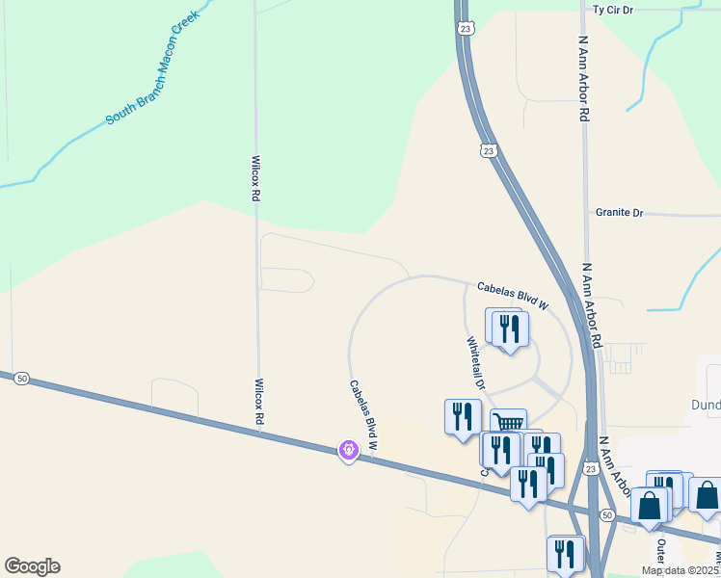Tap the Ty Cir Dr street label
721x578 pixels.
point(612,10)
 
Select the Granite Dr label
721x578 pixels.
point(619,212)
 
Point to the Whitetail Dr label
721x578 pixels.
point(476,362)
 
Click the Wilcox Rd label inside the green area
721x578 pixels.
point(255,178)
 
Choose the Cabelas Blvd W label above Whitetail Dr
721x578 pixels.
point(512,296)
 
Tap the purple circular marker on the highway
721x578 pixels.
point(348,449)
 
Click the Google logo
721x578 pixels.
point(32,566)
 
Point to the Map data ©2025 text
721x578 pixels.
point(681,570)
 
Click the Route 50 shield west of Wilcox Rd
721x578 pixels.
point(21,380)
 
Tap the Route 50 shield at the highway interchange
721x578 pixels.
point(606,516)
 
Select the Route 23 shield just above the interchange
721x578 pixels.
point(590,467)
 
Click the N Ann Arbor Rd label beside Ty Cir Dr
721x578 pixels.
point(583,78)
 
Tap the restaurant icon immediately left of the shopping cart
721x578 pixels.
point(464,415)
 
